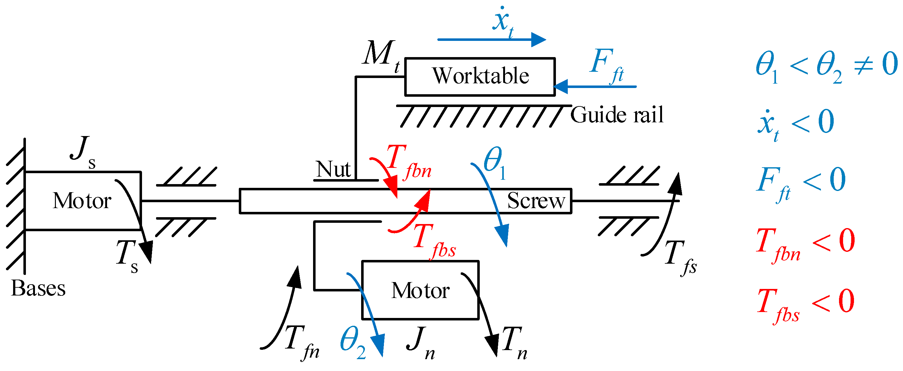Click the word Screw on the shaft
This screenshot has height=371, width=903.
pyautogui.click(x=536, y=201)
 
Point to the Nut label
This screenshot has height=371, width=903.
pyautogui.click(x=333, y=169)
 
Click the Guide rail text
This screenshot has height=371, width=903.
pyautogui.click(x=617, y=115)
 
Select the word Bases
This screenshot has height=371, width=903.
pyautogui.click(x=38, y=288)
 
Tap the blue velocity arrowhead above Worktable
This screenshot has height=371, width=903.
pyautogui.click(x=539, y=40)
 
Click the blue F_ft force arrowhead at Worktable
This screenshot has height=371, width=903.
pyautogui.click(x=560, y=86)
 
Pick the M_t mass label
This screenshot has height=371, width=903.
pyautogui.click(x=381, y=56)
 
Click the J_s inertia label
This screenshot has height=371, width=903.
pyautogui.click(x=83, y=152)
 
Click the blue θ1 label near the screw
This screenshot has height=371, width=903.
pyautogui.click(x=495, y=163)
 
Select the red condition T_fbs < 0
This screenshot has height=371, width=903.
pyautogui.click(x=806, y=305)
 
